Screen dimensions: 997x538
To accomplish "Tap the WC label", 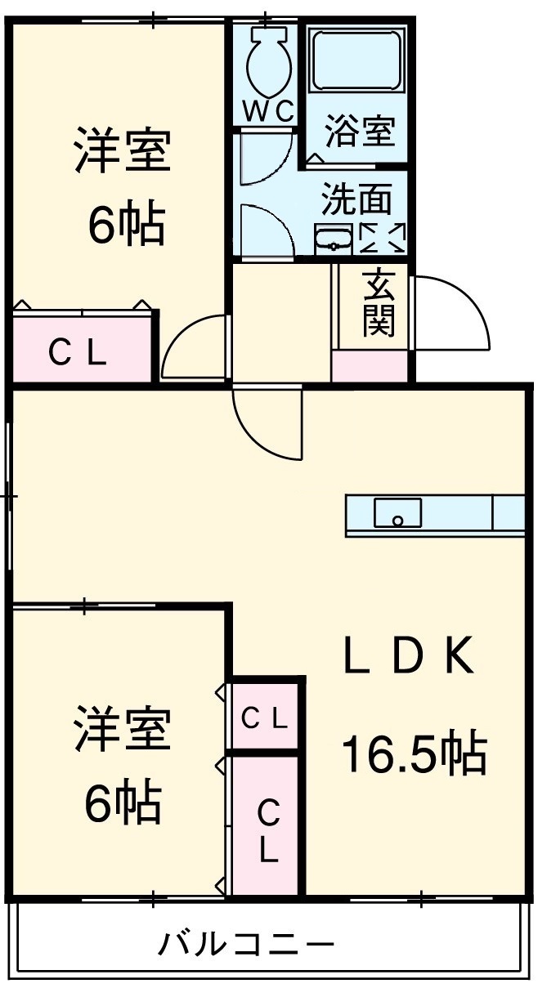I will coord(267,113).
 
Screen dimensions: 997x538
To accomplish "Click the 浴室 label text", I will coord(360,132).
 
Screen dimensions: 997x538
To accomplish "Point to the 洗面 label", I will coord(356,199).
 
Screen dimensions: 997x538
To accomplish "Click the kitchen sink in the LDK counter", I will coord(398,513).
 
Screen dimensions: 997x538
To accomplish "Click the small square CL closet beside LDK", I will coord(264,719).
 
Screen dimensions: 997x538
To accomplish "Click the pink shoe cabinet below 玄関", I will coord(370,366).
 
